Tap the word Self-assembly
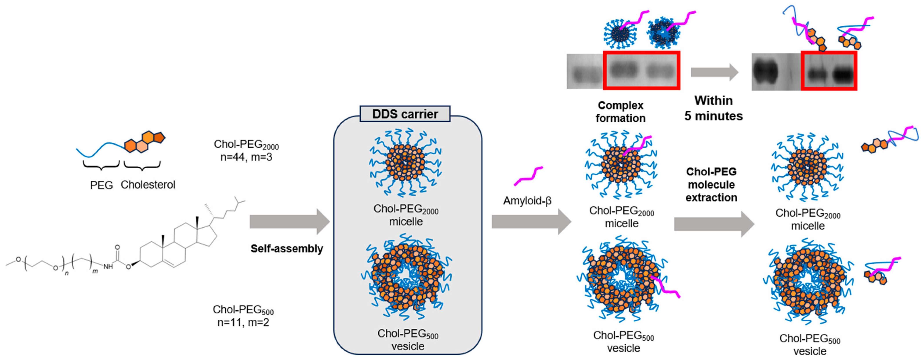(x=287, y=248)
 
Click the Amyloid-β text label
(x=527, y=201)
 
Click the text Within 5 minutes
(x=713, y=108)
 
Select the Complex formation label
(x=621, y=112)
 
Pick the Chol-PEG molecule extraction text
(x=711, y=184)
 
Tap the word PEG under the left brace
(x=101, y=185)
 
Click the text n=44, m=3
(x=246, y=157)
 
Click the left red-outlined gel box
(x=641, y=70)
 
